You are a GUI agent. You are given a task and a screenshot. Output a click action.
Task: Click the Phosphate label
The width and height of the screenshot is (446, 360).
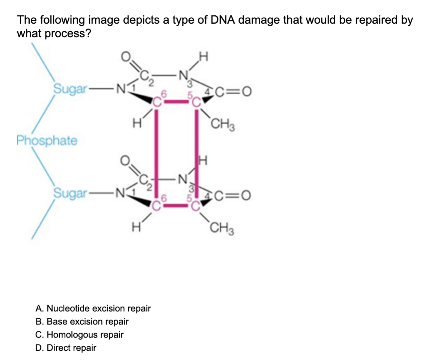coord(47,140)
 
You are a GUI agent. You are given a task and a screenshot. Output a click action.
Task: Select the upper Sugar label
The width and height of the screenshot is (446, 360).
coord(70,89)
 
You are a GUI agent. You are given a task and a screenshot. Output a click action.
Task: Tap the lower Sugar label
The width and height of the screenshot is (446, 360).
coord(70,193)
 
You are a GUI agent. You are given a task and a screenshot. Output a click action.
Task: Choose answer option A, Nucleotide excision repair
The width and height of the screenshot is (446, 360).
coord(93,308)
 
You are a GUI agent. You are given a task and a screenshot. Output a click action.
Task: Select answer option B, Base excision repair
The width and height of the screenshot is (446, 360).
coord(82,321)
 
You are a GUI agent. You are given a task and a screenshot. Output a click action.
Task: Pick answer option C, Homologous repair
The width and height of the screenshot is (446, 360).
coord(79,334)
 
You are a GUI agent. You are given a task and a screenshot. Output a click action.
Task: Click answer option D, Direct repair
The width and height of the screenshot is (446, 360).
coord(66,348)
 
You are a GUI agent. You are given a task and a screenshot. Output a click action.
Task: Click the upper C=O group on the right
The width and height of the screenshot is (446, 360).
coord(233,91)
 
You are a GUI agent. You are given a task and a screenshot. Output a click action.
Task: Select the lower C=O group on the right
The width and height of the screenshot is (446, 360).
coord(233,195)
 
